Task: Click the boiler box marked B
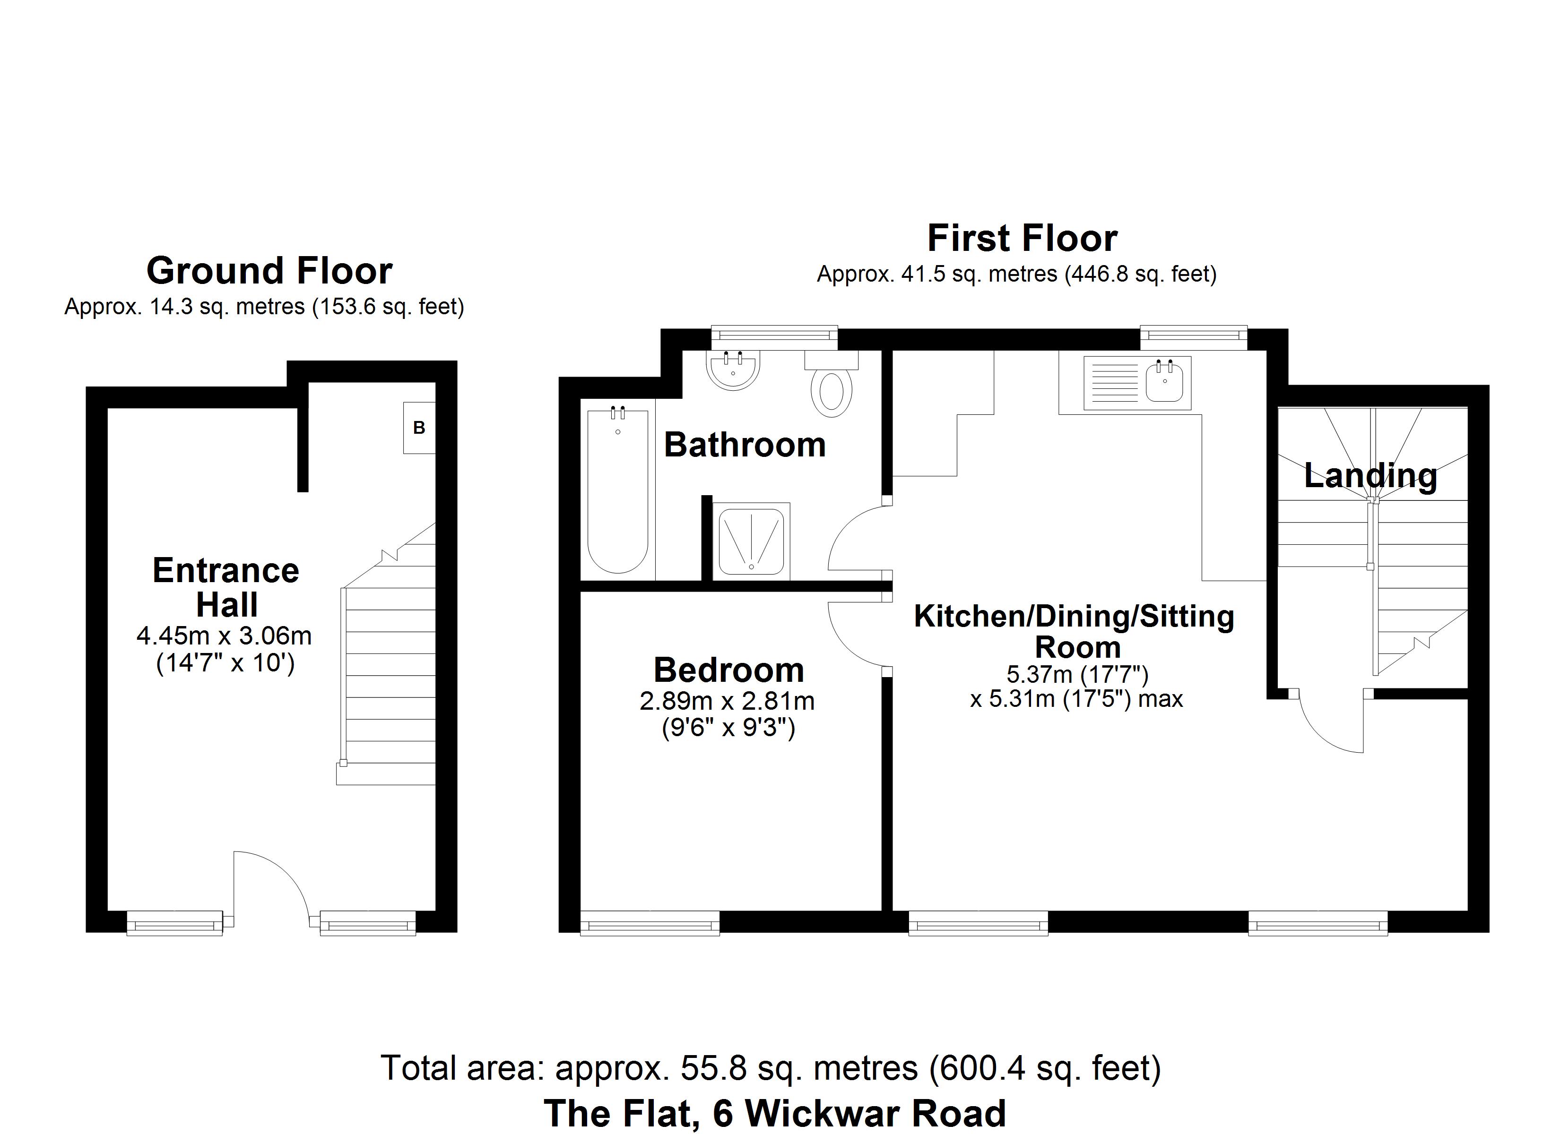click(x=419, y=428)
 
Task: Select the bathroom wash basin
click(x=733, y=369)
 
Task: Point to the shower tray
click(x=751, y=541)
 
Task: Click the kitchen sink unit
click(x=1137, y=382)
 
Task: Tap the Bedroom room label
click(x=728, y=670)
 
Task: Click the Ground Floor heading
click(x=269, y=270)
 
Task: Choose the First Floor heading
click(x=1022, y=239)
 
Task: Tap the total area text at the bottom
click(x=771, y=1068)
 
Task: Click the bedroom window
click(x=650, y=922)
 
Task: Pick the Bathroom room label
click(x=745, y=445)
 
